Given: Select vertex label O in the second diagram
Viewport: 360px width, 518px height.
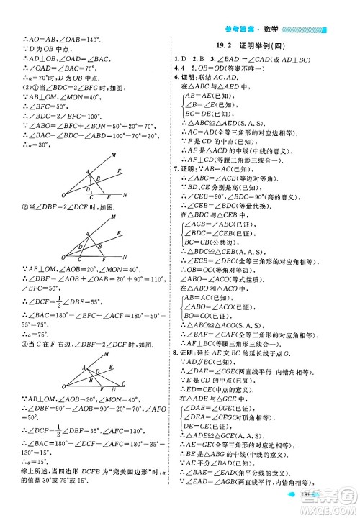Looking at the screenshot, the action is coord(63,259).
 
